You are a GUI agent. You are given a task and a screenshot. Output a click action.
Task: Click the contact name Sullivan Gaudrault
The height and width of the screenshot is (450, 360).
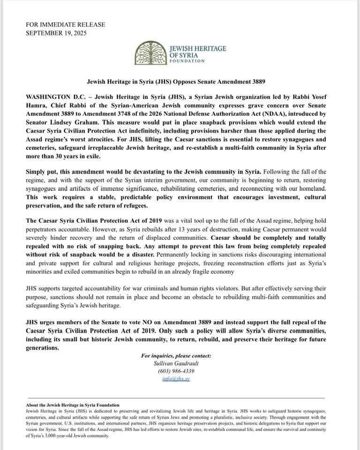pyautogui.click(x=176, y=363)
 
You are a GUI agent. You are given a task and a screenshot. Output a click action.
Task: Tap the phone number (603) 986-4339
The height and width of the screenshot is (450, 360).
pyautogui.click(x=176, y=371)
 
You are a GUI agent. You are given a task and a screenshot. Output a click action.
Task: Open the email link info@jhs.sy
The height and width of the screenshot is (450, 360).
pyautogui.click(x=176, y=379)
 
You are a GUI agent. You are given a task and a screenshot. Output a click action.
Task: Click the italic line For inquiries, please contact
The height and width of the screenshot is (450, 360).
pyautogui.click(x=176, y=355)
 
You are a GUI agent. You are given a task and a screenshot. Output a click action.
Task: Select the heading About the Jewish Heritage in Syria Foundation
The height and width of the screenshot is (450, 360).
pyautogui.click(x=73, y=405)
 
